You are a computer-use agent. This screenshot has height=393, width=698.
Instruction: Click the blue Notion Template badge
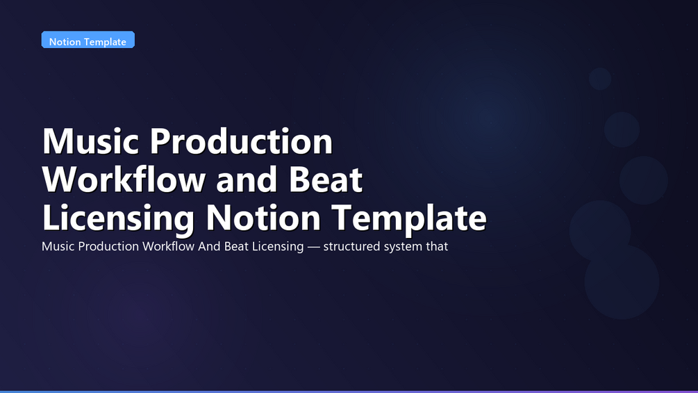click(88, 40)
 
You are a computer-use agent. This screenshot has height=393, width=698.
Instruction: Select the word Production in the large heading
click(241, 141)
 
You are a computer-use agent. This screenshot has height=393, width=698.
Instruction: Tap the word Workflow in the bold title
click(124, 179)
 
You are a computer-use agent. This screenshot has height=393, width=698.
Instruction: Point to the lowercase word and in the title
click(247, 179)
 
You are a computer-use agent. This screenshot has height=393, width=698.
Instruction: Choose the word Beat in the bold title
click(326, 179)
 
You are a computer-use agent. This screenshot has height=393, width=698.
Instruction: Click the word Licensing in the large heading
click(118, 218)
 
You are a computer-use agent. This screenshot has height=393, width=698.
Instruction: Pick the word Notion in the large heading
click(263, 218)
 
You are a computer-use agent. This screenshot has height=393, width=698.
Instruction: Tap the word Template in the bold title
click(409, 218)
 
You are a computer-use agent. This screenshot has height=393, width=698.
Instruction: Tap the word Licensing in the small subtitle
click(278, 247)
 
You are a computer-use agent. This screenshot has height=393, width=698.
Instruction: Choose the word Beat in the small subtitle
click(236, 246)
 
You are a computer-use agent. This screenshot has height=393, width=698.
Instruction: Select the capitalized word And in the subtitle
click(209, 246)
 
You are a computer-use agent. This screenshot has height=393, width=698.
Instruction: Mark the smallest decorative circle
click(600, 79)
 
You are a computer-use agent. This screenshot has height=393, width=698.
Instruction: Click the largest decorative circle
click(622, 282)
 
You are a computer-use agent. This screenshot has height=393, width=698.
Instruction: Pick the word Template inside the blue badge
click(107, 42)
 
